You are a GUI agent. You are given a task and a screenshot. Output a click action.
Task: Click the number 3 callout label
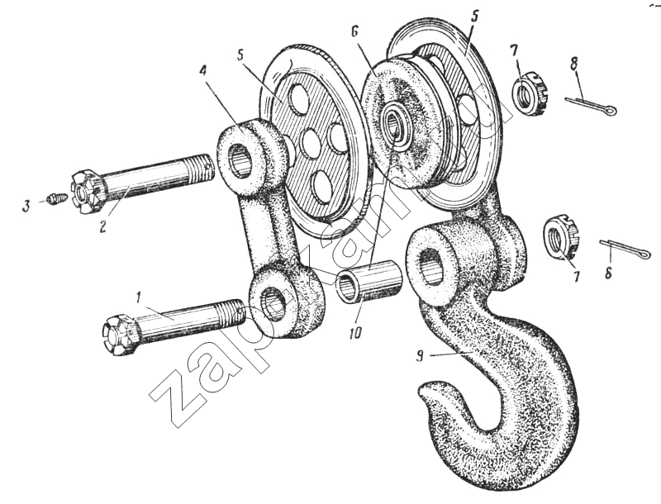(x=27, y=206)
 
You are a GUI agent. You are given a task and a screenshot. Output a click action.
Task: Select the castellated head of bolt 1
(x=119, y=334)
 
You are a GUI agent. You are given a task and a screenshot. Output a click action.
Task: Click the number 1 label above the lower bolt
(x=137, y=298)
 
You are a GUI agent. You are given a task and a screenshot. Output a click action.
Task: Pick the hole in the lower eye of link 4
(x=273, y=303)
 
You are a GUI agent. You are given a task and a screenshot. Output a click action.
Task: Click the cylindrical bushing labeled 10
(x=368, y=280)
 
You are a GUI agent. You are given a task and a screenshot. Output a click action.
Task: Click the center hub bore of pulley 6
(x=393, y=123)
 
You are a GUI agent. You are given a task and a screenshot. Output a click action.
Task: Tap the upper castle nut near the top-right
(x=529, y=94)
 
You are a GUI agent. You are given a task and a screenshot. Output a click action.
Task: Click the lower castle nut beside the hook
(x=561, y=237)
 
